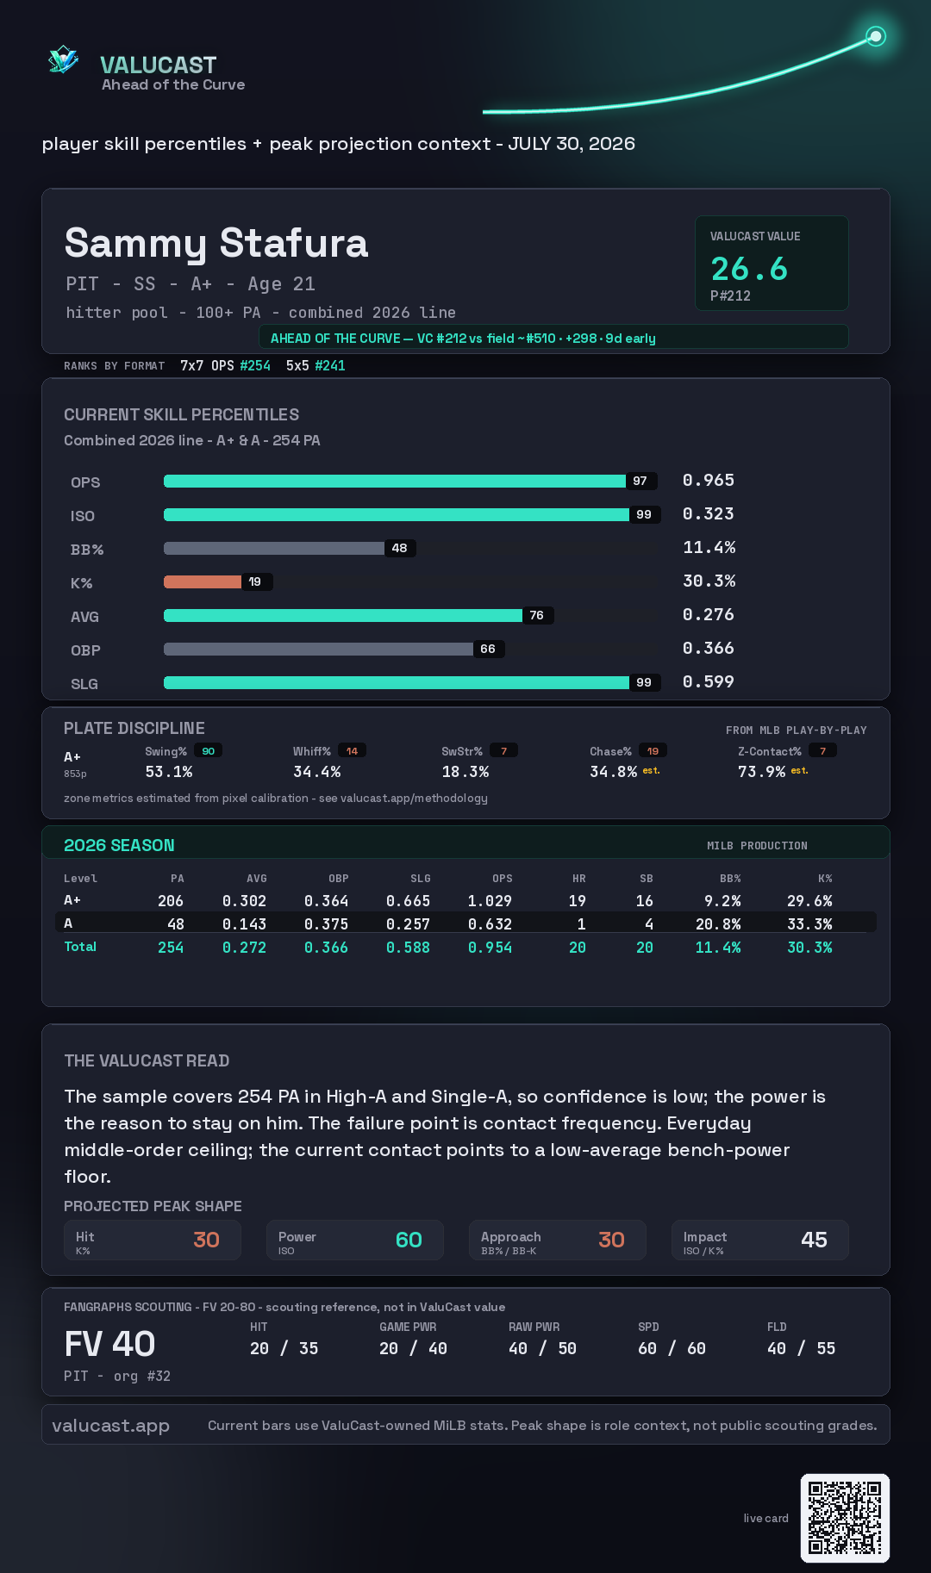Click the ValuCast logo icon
[63, 59]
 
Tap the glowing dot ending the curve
[876, 36]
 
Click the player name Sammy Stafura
[216, 244]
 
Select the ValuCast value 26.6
[749, 269]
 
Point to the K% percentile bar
[203, 581]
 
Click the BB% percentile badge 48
[400, 548]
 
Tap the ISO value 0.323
[709, 514]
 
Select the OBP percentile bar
[318, 649]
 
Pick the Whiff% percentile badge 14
[352, 751]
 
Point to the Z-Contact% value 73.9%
[761, 772]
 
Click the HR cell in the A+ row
[578, 901]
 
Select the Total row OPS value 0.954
[490, 948]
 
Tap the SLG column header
[421, 879]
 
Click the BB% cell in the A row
[718, 924]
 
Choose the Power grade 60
[409, 1240]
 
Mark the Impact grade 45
[814, 1240]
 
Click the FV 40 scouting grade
[109, 1344]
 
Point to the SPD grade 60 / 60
[672, 1349]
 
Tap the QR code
[845, 1518]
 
